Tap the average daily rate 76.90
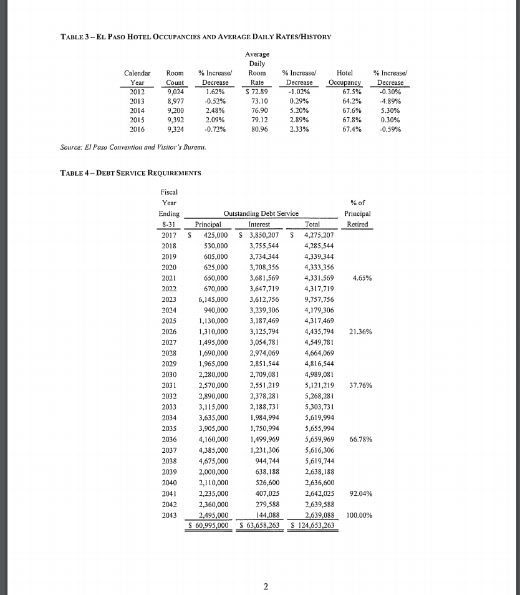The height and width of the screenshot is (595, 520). (258, 110)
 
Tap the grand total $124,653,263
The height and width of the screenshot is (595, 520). (312, 525)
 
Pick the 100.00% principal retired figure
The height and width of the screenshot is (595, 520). (359, 515)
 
